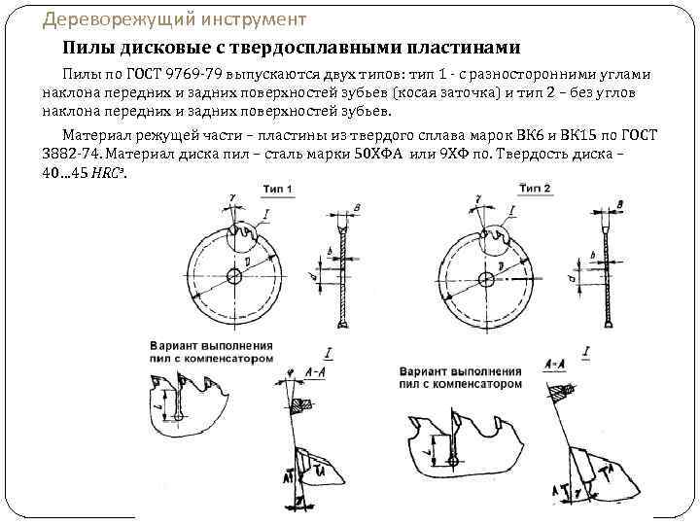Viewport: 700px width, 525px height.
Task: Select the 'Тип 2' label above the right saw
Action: (x=538, y=187)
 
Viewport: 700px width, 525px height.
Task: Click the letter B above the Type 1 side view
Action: (x=359, y=208)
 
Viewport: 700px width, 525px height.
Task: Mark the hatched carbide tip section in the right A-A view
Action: (x=563, y=391)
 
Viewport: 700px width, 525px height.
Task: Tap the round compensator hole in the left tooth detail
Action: (x=181, y=416)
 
